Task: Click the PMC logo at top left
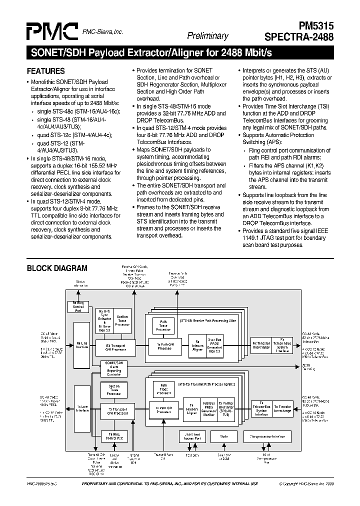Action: click(51, 30)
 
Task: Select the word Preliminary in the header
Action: click(207, 35)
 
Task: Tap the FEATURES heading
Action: click(45, 70)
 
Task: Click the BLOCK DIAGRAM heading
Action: click(56, 268)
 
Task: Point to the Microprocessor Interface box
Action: click(267, 436)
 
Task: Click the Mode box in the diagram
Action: click(224, 436)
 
